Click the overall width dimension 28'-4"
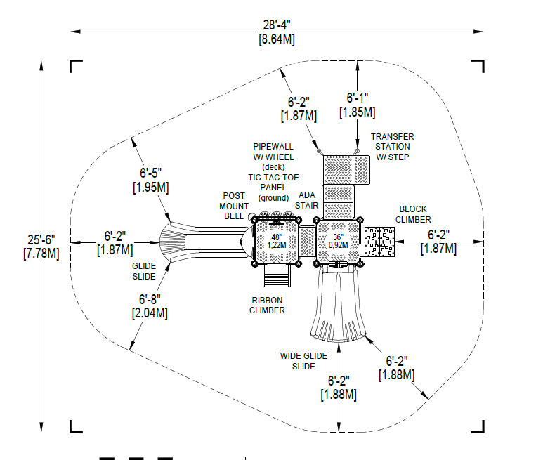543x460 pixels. coord(277,32)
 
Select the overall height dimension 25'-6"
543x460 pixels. coord(41,247)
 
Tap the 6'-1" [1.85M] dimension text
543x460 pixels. coord(358,105)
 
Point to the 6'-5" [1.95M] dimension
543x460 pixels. coord(150,180)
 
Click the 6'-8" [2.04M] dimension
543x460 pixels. coord(150,306)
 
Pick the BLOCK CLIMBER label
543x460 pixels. coord(413,214)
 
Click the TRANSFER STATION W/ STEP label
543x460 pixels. coord(393,147)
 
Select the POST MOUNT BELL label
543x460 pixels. coord(234,206)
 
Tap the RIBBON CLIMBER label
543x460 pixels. coord(267,305)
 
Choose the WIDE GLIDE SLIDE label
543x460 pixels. coord(303,361)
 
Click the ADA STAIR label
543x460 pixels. coord(306,200)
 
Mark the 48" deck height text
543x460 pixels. coord(276,241)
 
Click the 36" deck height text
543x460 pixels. coord(338,241)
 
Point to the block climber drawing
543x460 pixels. coord(379,242)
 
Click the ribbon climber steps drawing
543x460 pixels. coord(276,275)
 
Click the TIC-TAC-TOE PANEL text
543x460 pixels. coord(273,183)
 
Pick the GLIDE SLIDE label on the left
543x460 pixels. coord(144,271)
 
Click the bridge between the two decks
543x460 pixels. coord(307,242)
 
